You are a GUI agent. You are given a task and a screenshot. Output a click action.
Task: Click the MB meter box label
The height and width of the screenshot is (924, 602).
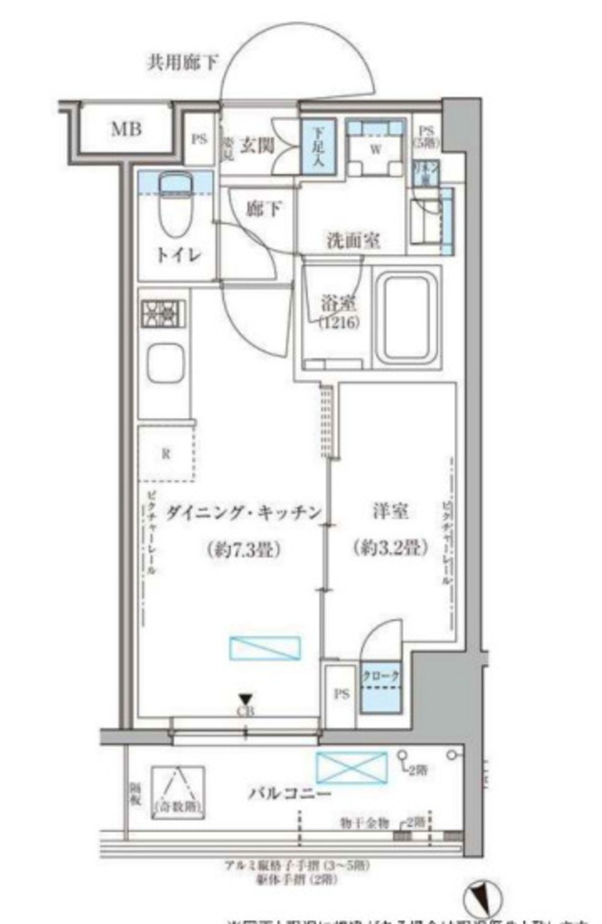pyautogui.click(x=126, y=129)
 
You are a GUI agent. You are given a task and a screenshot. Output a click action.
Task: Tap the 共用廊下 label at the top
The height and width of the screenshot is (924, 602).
pyautogui.click(x=184, y=63)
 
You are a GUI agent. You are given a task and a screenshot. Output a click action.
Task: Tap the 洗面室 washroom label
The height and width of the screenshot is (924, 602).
pyautogui.click(x=351, y=241)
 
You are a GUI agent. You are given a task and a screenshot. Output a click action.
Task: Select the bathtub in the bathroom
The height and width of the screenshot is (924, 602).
pyautogui.click(x=407, y=318)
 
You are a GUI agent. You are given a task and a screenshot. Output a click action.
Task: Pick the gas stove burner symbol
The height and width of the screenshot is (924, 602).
pyautogui.click(x=165, y=314)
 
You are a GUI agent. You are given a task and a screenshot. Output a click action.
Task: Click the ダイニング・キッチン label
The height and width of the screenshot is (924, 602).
pyautogui.click(x=230, y=513)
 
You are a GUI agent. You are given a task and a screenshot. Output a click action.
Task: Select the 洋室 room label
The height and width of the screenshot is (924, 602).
pyautogui.click(x=389, y=512)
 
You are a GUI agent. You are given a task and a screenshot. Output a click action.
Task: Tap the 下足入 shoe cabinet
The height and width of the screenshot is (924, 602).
pyautogui.click(x=318, y=147)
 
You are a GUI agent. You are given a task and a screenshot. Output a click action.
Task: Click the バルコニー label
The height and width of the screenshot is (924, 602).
pyautogui.click(x=289, y=793)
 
